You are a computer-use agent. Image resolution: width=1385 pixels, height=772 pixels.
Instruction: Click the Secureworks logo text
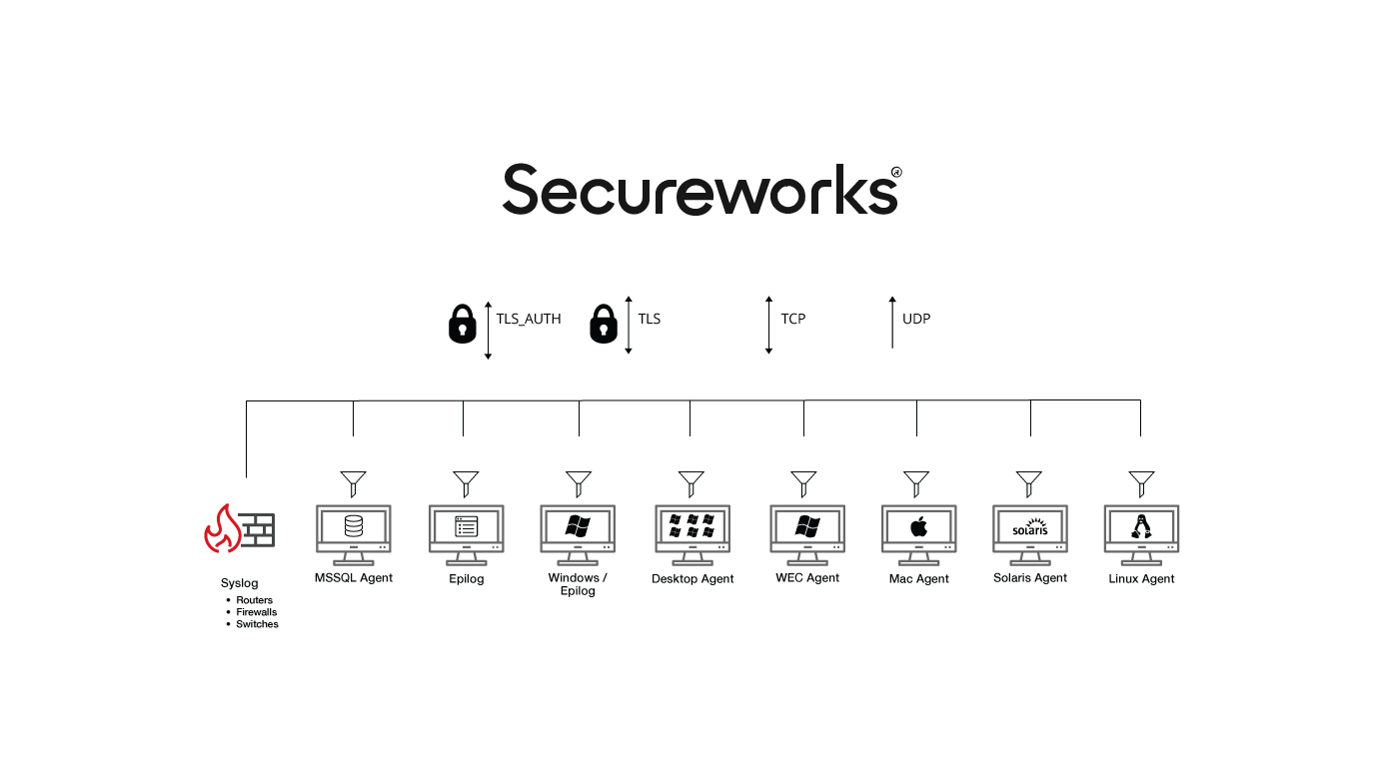click(x=699, y=189)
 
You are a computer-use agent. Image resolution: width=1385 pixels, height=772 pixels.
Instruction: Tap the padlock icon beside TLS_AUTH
click(x=462, y=324)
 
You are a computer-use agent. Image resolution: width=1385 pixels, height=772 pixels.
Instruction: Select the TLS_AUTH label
click(x=529, y=319)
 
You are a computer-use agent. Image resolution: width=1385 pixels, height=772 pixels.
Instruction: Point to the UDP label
click(x=916, y=319)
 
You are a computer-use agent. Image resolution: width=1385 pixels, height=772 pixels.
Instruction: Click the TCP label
click(x=793, y=319)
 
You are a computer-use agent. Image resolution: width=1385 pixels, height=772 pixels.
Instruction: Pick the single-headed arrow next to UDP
click(x=892, y=323)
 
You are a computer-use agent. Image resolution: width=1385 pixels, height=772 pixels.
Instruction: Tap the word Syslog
click(x=239, y=583)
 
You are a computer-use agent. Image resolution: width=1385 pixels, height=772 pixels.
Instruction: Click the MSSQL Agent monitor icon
click(x=353, y=535)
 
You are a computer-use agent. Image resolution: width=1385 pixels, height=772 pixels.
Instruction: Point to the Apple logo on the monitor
click(x=918, y=527)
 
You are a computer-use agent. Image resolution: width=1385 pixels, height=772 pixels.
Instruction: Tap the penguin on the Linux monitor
click(x=1141, y=526)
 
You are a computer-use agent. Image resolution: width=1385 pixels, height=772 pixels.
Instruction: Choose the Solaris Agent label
click(x=1030, y=578)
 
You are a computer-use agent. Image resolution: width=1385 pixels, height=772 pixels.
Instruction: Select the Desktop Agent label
click(x=692, y=579)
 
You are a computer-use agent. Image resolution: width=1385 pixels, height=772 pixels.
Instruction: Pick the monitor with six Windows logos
click(x=692, y=535)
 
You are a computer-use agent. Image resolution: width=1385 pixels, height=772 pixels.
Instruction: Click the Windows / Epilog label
click(x=578, y=584)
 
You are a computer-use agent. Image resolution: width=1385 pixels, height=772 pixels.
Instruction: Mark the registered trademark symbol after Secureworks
click(x=896, y=172)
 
